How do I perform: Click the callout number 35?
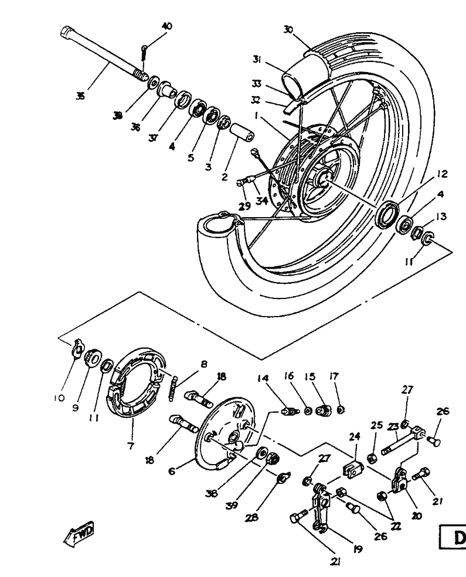click(80, 95)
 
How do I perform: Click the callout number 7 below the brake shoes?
click(130, 446)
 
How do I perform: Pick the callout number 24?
click(353, 435)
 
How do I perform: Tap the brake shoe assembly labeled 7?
click(135, 383)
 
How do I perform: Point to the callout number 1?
click(256, 116)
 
